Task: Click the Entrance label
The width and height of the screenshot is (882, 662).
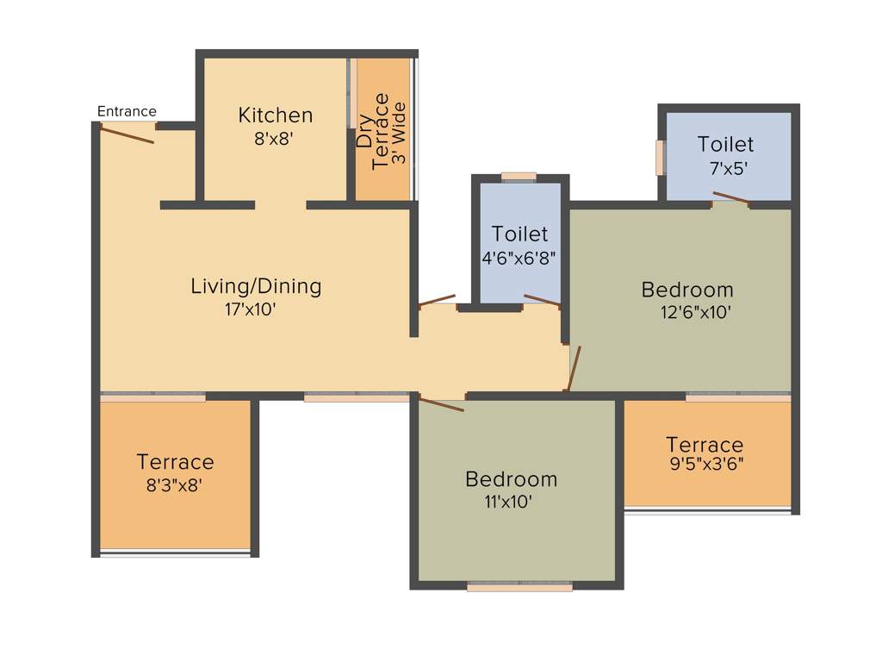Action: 127,111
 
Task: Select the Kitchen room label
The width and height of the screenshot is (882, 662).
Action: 276,116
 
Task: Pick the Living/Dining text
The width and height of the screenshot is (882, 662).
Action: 256,286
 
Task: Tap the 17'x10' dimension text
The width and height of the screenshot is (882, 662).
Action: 250,309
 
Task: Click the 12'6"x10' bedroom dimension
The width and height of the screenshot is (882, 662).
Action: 696,312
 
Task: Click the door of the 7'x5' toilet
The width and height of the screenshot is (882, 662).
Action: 730,198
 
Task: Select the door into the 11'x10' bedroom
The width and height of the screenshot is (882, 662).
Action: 442,403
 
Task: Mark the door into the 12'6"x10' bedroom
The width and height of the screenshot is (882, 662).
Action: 575,368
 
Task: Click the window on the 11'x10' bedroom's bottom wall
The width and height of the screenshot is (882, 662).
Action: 519,587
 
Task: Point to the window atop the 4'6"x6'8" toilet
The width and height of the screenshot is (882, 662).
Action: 519,177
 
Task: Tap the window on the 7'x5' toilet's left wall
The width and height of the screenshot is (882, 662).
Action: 660,158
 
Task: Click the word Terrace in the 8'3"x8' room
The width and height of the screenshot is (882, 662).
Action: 176,463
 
